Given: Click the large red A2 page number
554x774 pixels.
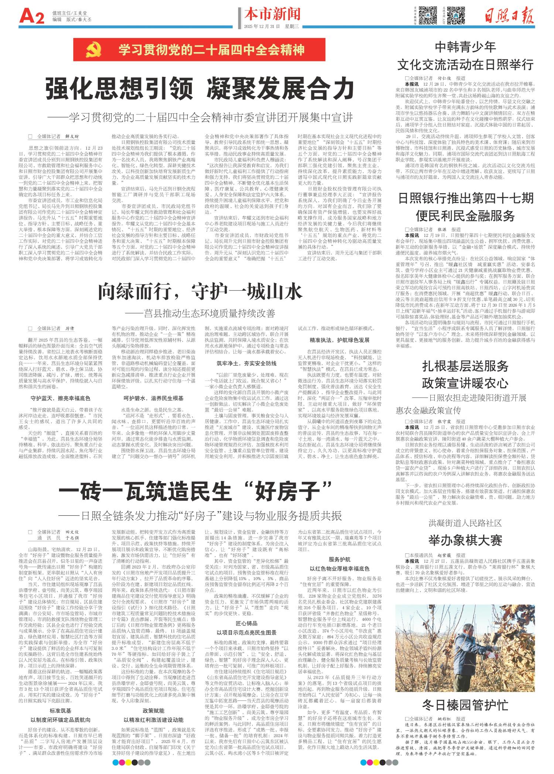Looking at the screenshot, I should click(31, 17).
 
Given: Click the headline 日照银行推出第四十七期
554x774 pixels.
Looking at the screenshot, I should click(465, 198).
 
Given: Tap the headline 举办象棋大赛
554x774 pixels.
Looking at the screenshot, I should click(465, 540).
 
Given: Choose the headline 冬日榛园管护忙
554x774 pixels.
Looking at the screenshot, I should click(465, 705).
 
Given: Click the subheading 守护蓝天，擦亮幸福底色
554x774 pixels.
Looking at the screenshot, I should click(60, 399).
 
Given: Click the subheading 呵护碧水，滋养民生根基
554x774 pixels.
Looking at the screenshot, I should click(153, 399).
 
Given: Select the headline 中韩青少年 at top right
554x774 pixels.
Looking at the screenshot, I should click(465, 47).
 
